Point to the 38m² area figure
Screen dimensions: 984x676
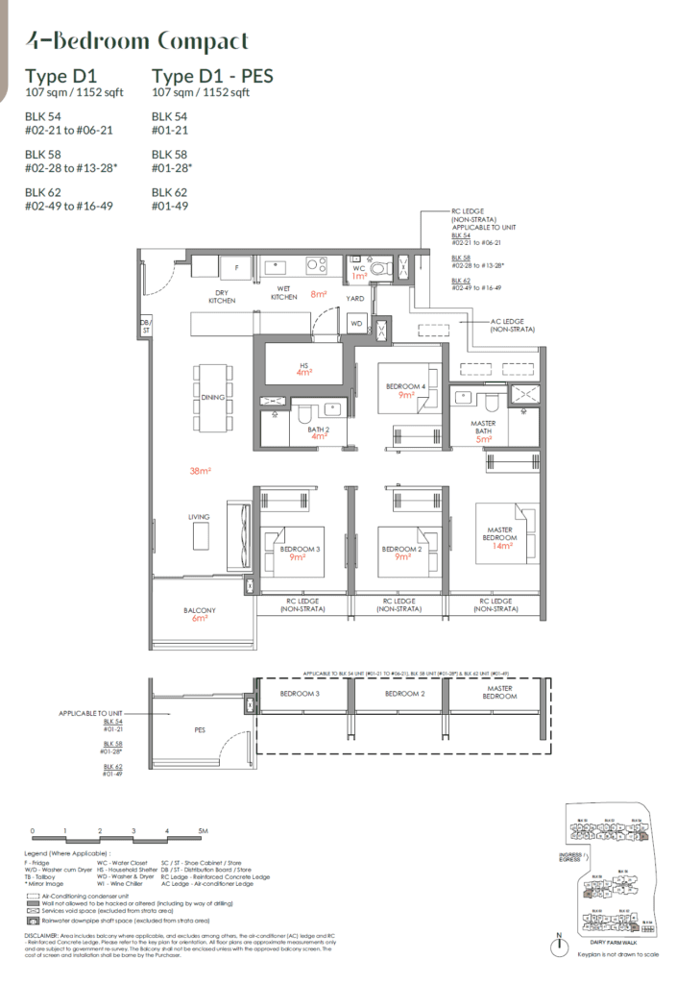click(201, 472)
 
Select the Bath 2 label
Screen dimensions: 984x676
click(312, 432)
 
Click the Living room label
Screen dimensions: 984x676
click(199, 517)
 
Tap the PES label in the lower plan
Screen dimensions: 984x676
click(200, 730)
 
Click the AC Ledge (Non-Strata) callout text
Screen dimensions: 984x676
click(512, 324)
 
